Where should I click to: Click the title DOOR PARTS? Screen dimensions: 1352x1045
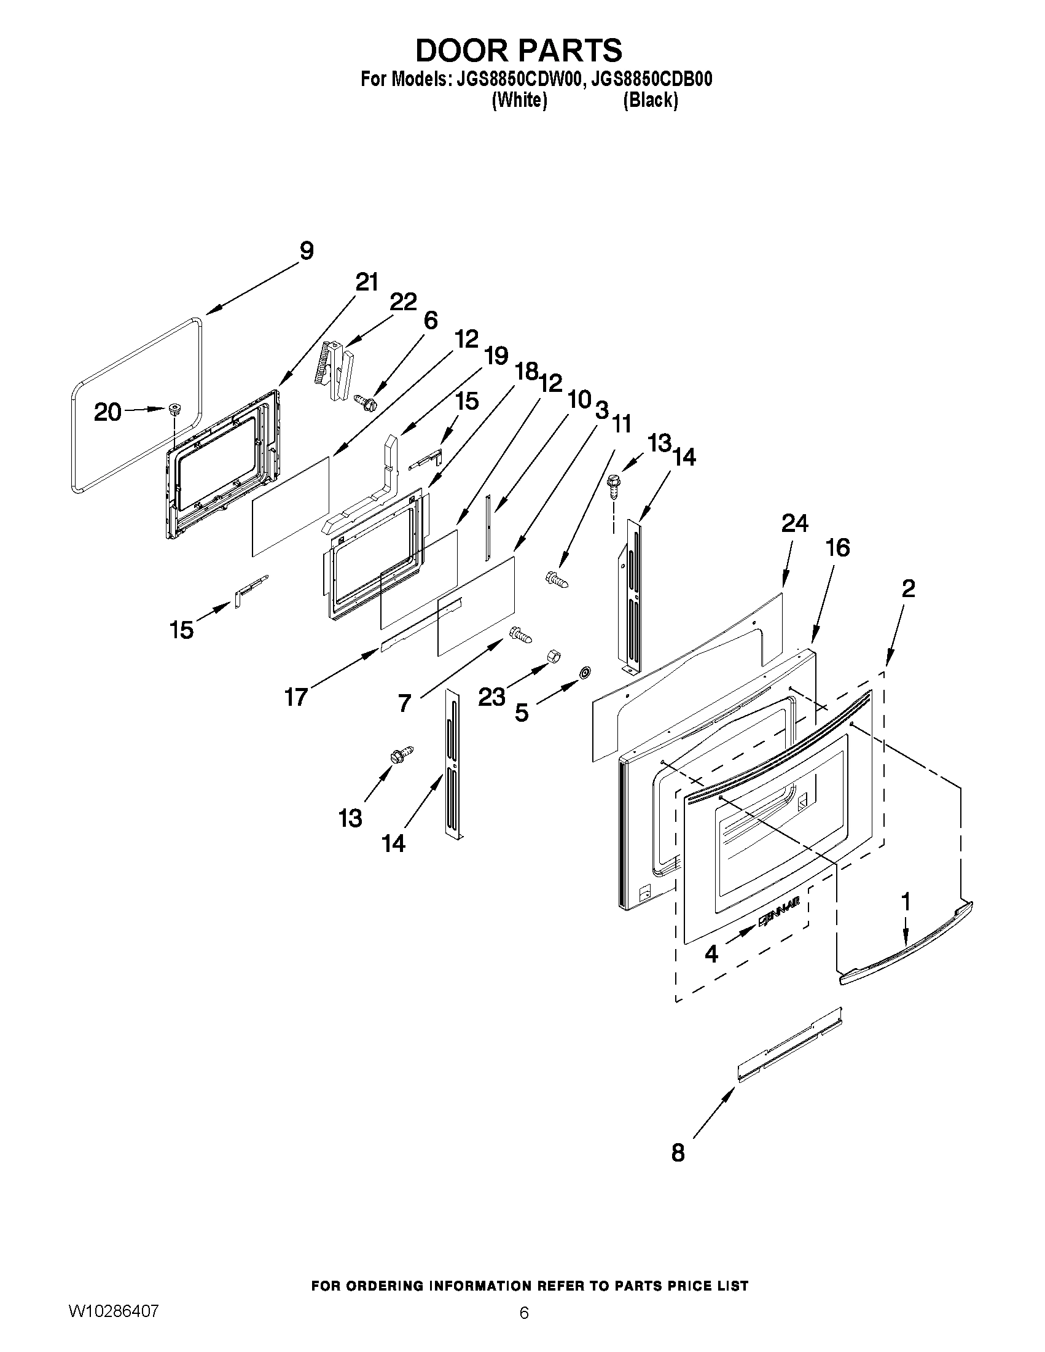(x=519, y=51)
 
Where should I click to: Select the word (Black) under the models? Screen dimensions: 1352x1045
(x=650, y=100)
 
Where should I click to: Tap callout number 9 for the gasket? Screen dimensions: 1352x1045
(x=307, y=251)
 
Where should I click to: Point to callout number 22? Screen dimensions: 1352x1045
(x=403, y=302)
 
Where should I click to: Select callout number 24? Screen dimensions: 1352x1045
(x=794, y=524)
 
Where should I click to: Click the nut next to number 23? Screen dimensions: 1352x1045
(x=553, y=657)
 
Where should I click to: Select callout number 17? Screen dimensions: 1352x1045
(x=296, y=697)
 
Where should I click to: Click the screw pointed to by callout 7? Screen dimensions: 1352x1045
(x=520, y=635)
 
